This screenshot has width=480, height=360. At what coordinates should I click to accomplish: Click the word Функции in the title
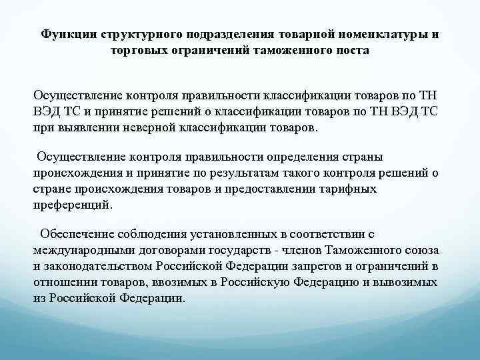pyautogui.click(x=65, y=34)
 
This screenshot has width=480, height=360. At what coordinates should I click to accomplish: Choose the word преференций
pyautogui.click(x=73, y=205)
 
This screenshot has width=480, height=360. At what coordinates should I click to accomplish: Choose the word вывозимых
pyautogui.click(x=407, y=282)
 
